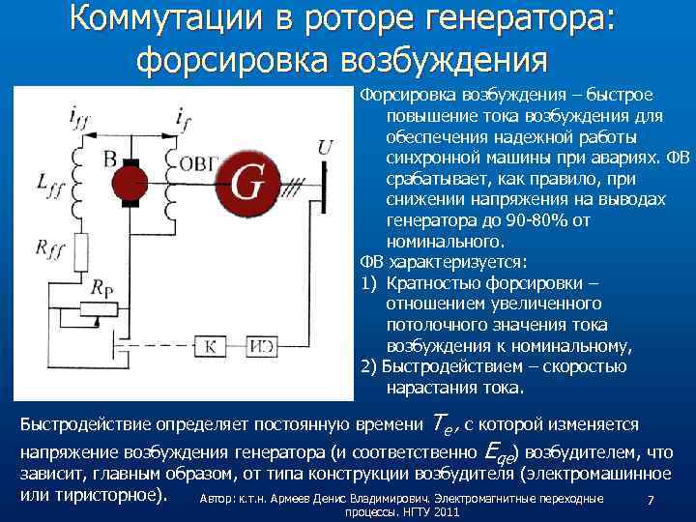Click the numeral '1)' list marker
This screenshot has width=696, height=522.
pos(368,283)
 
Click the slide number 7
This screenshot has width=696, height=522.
pos(651,500)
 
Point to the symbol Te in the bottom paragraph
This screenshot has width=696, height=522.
pos(441,424)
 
